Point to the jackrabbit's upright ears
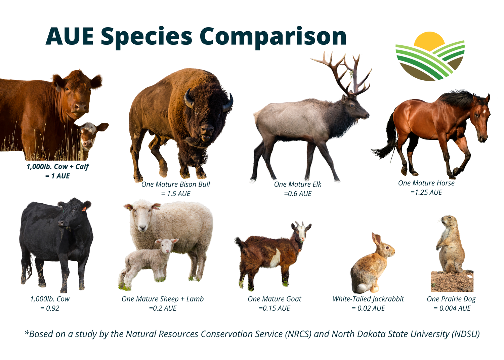point(377,239)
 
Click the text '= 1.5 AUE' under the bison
point(175,194)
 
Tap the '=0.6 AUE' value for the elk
point(298,194)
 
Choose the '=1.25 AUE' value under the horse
point(426,192)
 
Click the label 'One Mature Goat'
point(274,299)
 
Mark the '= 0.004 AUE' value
point(452,308)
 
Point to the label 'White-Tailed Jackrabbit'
point(368,299)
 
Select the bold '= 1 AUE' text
point(57,176)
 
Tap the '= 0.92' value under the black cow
point(50,308)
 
